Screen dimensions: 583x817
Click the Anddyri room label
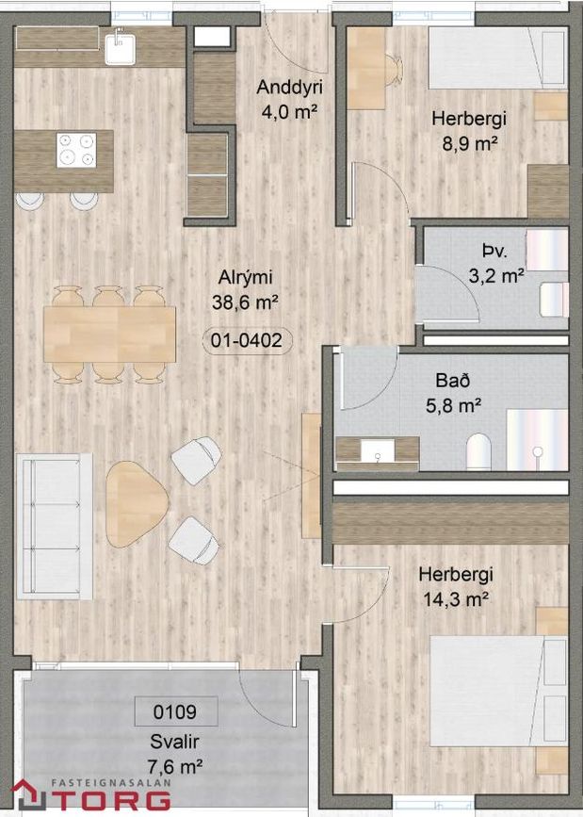point(289,87)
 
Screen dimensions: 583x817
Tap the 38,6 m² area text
point(244,302)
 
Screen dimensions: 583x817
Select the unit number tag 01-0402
point(247,341)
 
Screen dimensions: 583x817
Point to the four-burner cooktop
point(76,150)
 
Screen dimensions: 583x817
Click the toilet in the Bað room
point(479,452)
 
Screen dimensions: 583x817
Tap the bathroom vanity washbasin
point(378,451)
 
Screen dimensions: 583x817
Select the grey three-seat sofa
point(55,526)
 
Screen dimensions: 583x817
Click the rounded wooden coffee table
point(135,504)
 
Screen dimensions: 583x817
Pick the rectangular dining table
point(109,334)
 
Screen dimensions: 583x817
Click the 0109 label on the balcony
point(175,711)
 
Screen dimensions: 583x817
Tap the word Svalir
point(175,742)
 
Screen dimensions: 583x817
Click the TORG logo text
point(111,800)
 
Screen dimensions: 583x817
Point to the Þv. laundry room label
point(494,252)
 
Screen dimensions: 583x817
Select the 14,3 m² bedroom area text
point(455,599)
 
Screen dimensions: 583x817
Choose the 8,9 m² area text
point(468,143)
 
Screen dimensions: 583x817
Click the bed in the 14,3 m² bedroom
point(498,690)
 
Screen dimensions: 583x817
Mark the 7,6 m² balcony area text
point(175,766)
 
